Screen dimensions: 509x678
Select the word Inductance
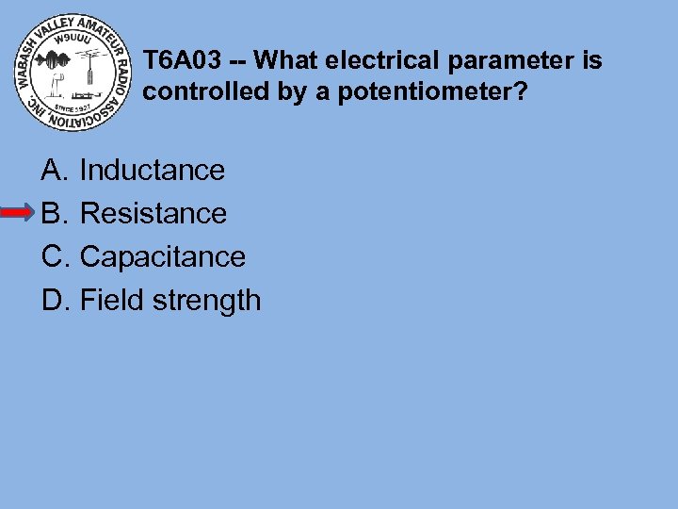coord(153,171)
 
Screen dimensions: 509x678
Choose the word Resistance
coord(153,214)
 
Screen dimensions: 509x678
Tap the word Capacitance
coord(163,256)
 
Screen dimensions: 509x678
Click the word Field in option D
coord(105,300)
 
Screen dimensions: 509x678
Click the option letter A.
coord(52,171)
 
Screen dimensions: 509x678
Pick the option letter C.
coord(52,256)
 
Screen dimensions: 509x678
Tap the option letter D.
coord(52,300)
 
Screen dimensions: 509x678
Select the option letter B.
coord(52,214)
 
